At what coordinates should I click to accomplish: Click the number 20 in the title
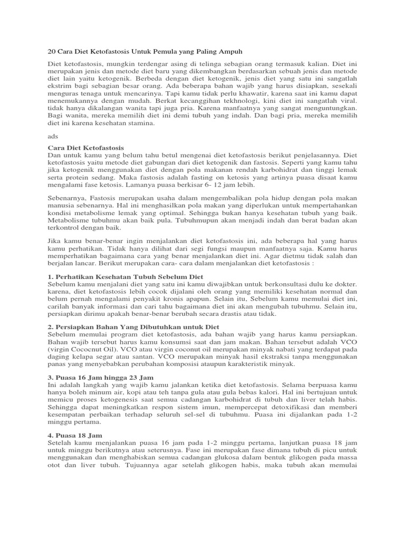coord(52,51)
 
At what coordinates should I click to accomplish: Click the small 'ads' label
coord(53,136)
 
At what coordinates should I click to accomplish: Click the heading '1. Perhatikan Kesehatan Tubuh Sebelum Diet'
coord(126,277)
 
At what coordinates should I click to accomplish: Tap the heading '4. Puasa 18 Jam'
coord(74,437)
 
